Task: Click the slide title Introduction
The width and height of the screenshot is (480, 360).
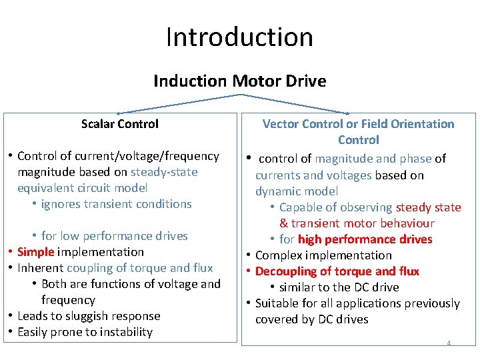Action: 239,37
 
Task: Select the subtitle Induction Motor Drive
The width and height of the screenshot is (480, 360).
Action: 239,81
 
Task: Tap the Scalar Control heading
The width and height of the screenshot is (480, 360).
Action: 120,124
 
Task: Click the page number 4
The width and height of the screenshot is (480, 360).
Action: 449,343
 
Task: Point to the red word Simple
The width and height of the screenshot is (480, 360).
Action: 35,252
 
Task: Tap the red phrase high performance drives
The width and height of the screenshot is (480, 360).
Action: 365,239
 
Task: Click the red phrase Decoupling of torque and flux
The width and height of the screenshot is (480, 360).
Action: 337,271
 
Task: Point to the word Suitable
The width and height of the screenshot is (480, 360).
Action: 277,303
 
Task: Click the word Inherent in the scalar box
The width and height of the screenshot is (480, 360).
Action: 40,268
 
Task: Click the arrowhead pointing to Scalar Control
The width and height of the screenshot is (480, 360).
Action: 119,113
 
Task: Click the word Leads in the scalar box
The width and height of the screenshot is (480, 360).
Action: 32,316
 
